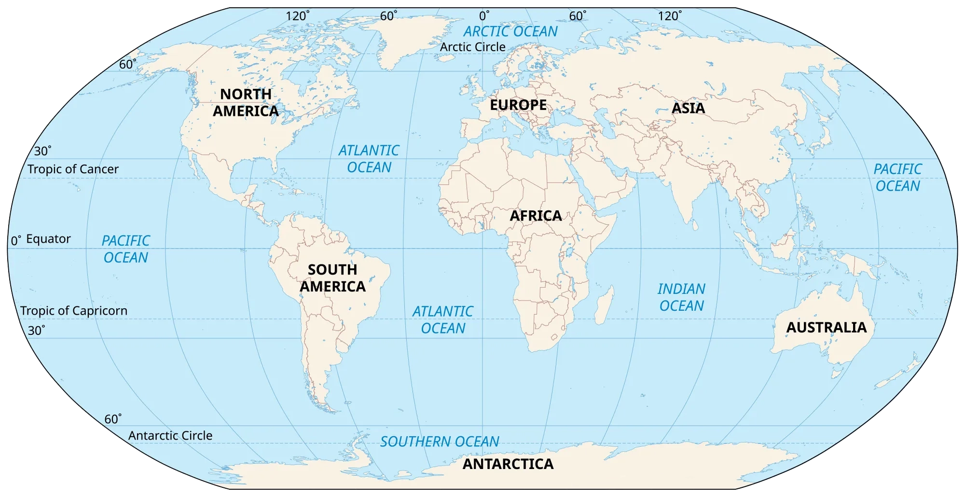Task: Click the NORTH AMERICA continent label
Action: click(246, 102)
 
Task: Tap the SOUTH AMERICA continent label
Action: click(332, 278)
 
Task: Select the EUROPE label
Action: click(518, 105)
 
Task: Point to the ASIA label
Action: click(688, 108)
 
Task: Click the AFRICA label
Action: click(536, 216)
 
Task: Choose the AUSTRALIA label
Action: click(826, 328)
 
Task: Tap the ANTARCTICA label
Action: click(508, 464)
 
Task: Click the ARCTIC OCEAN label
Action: click(510, 31)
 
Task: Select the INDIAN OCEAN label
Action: click(681, 297)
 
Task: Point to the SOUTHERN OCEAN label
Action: click(440, 442)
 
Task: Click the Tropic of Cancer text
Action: click(73, 169)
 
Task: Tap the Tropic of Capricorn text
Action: click(74, 311)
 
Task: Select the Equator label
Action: click(48, 239)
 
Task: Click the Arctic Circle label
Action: click(472, 47)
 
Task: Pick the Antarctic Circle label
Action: click(170, 436)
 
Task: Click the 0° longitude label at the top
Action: click(484, 16)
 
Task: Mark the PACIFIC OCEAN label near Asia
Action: click(897, 178)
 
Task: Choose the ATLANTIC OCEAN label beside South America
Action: click(442, 320)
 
